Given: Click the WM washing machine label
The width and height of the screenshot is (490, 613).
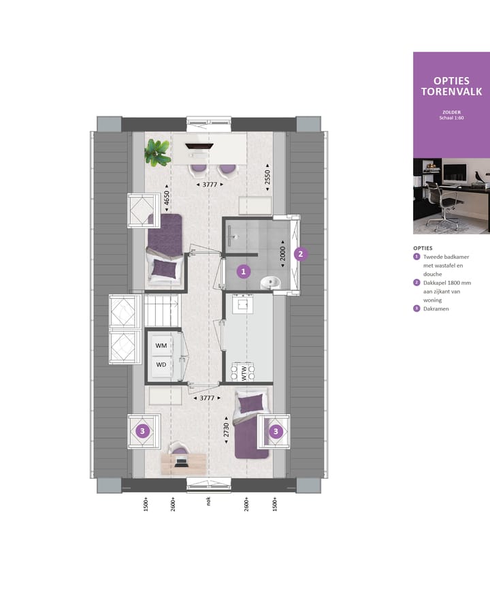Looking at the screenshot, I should (x=161, y=346).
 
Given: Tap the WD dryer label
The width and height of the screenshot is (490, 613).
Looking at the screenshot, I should (x=161, y=364).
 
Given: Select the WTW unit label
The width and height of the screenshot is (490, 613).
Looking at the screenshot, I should (x=242, y=373).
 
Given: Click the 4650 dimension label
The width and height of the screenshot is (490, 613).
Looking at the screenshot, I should (x=167, y=202).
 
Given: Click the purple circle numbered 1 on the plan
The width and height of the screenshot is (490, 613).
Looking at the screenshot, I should (x=243, y=271).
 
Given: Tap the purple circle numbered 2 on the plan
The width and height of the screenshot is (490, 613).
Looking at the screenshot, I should (x=301, y=253).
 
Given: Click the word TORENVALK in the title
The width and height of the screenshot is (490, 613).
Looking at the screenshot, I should (x=452, y=92).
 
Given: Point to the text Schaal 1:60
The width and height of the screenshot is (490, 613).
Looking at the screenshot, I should (x=452, y=118).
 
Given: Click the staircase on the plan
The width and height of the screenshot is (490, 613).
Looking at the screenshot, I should (x=161, y=311).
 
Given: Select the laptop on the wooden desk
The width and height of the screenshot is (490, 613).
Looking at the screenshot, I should (x=182, y=462).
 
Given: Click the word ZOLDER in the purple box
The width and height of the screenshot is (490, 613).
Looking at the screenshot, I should (x=452, y=111).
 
